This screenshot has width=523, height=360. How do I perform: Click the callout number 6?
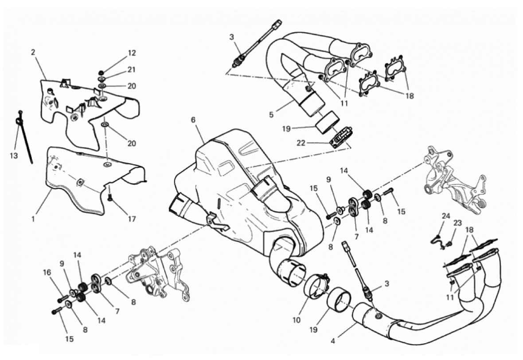(x=193, y=120)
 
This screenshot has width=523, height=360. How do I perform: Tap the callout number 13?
(x=14, y=156)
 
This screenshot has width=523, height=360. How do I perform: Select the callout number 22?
(x=301, y=143)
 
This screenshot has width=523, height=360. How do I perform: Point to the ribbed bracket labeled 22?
(x=341, y=137)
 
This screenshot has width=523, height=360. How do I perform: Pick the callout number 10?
(x=297, y=320)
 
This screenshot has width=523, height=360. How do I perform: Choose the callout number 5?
(x=272, y=115)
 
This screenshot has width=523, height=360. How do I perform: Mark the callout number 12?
(x=132, y=53)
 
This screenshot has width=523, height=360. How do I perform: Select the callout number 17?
(x=132, y=219)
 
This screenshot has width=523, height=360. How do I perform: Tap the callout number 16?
(x=47, y=272)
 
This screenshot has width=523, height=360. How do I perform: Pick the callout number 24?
(x=446, y=216)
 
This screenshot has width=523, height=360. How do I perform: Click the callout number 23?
(x=457, y=223)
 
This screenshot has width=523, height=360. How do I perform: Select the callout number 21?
(x=132, y=70)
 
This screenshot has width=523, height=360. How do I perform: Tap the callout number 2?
(x=33, y=52)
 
